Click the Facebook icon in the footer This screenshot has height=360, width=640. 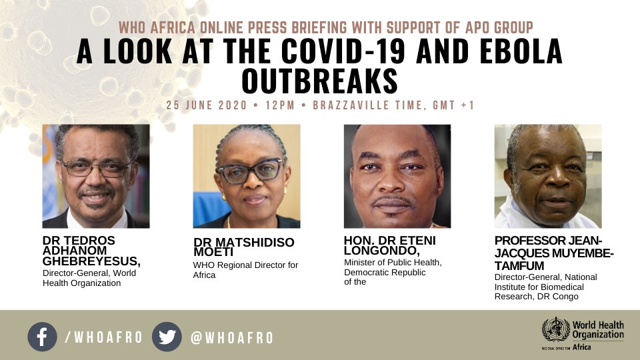pos(43,337)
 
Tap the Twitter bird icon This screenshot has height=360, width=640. pos(167,337)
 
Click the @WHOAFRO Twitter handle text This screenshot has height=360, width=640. pos(232,337)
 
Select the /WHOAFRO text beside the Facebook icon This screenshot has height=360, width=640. pos(104,337)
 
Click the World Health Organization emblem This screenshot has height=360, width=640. pos(555,329)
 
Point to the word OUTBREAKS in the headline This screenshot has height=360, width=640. pos(319,81)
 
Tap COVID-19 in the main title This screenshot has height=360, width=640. pos(343,51)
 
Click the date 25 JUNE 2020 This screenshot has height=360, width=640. pos(207,105)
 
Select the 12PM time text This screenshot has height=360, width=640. pos(280,105)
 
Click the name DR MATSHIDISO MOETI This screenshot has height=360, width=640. pos(244,247)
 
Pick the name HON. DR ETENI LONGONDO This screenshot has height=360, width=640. pos(390,245)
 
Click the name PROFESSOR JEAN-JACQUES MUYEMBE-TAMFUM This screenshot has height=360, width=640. pos(554,253)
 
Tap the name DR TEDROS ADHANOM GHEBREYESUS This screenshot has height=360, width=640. pos(91,251)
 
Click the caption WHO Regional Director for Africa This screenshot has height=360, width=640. pos(246,270)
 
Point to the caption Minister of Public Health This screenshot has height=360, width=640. pos(393,263)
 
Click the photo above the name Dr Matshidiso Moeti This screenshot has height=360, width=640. pos(247,176)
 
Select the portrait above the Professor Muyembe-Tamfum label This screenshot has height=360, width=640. pos(548,176)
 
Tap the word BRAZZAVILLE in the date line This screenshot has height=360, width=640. pos(351,105)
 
